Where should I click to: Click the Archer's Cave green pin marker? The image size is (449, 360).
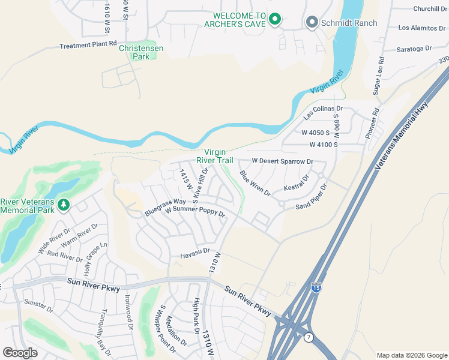(x=275, y=19)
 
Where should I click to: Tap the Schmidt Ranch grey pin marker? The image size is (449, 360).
(x=312, y=23)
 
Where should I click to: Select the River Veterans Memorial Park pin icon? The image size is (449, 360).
(x=64, y=205)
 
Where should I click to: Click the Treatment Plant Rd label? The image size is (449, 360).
(x=88, y=45)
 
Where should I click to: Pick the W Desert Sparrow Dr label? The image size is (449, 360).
(x=282, y=161)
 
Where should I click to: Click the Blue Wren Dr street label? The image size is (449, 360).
(x=255, y=184)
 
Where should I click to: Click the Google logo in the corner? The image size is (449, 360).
(x=20, y=353)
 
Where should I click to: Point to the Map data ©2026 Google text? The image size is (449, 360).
(x=411, y=355)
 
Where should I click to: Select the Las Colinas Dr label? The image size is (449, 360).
(x=323, y=112)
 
